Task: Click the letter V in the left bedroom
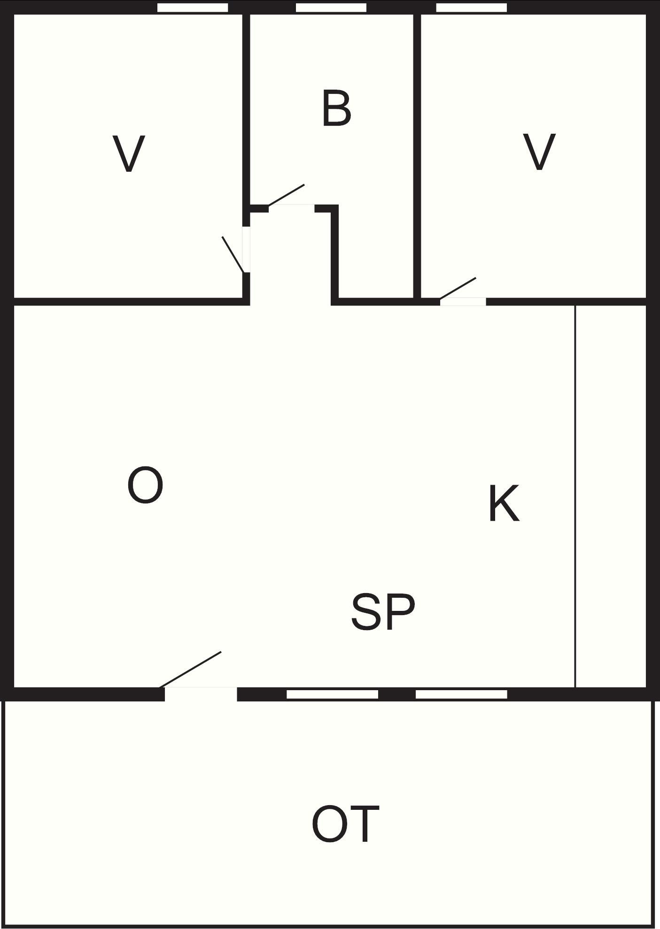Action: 129,153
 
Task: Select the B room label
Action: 336,109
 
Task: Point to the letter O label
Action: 145,485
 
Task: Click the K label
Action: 504,503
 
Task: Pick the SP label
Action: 383,611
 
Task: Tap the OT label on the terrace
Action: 345,824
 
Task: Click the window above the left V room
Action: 193,8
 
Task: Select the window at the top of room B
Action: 331,8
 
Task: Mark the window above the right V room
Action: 472,8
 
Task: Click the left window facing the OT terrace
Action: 333,694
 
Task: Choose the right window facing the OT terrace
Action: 461,694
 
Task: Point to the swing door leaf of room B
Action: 286,195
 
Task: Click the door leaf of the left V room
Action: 233,254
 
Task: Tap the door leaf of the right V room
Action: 458,288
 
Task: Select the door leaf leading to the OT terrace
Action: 190,670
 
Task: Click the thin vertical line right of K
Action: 575,496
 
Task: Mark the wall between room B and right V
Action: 417,156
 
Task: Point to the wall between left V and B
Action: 246,110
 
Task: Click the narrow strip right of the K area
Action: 611,496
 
